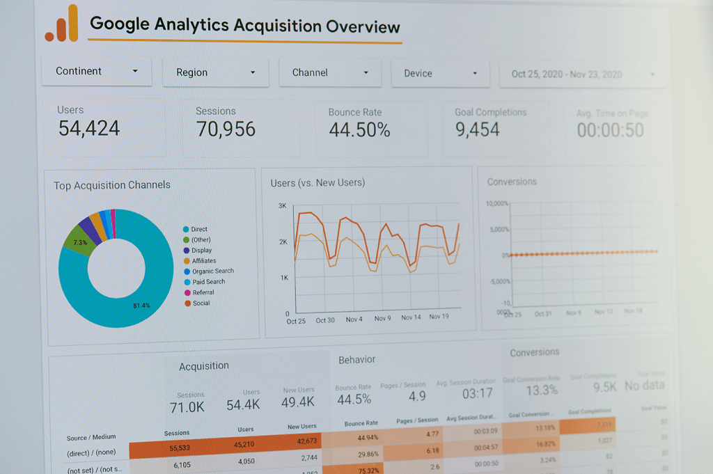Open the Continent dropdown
[97, 71]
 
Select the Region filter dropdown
[215, 72]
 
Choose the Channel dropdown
[330, 72]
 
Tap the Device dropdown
[441, 73]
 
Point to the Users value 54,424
[89, 128]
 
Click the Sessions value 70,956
[226, 129]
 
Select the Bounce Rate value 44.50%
[359, 129]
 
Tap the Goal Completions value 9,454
[478, 129]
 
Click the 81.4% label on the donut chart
[141, 306]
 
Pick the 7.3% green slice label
[80, 243]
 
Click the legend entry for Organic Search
[212, 271]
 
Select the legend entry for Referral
[203, 292]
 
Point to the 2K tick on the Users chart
[283, 242]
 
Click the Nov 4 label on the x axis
[354, 319]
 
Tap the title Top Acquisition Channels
[112, 185]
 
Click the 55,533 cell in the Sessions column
[180, 448]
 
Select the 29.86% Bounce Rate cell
[367, 454]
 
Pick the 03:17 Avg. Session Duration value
[477, 394]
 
